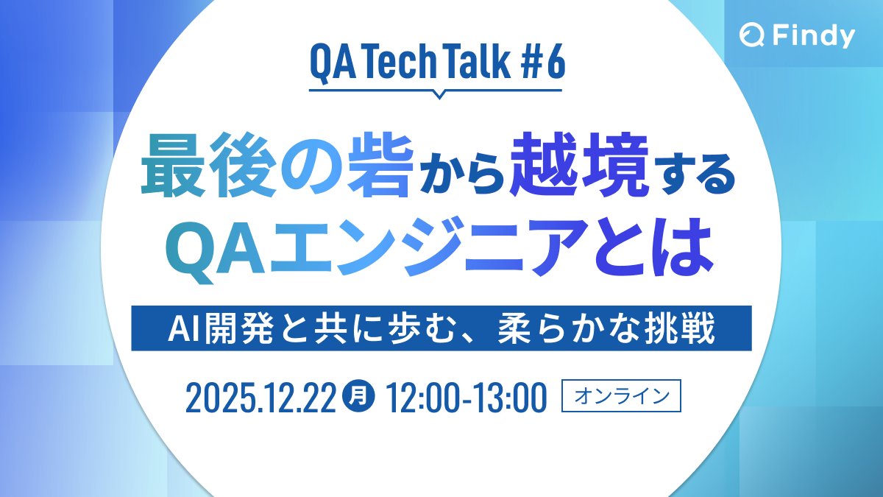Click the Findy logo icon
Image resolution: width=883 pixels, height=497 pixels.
754,35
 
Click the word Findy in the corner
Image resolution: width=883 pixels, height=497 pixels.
813,35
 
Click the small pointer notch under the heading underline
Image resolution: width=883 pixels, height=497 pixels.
439,94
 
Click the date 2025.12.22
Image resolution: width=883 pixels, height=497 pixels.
261,398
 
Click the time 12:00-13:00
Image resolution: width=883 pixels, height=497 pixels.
466,398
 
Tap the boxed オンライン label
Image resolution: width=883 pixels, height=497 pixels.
622,397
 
